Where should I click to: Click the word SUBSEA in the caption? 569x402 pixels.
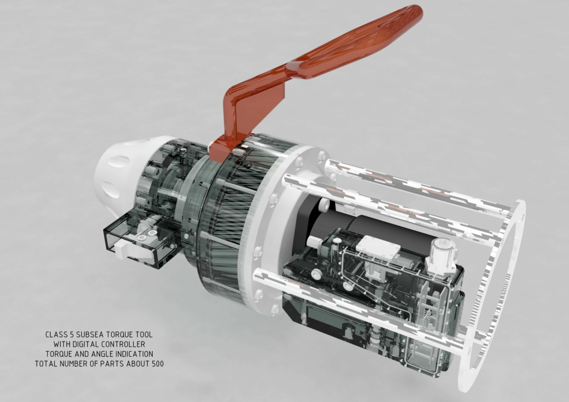[x=90, y=335]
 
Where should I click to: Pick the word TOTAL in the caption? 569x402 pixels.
[x=47, y=364]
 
